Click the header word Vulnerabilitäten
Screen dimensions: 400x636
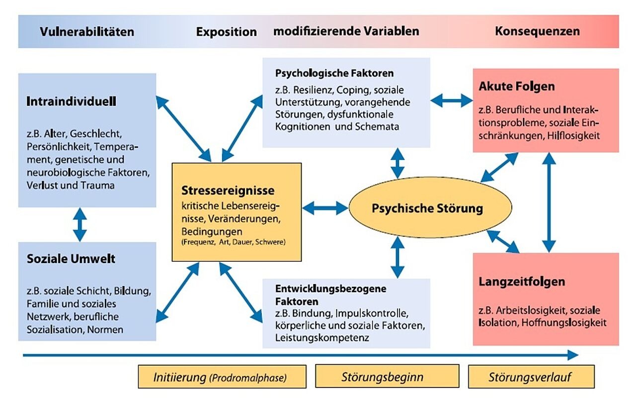click(87, 32)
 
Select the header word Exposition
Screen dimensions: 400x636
click(226, 32)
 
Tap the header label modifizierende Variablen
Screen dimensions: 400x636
click(346, 31)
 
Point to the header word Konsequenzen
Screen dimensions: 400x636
click(537, 31)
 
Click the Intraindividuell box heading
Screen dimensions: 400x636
click(71, 101)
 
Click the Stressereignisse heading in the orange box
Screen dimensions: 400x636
click(228, 191)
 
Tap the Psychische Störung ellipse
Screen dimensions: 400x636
click(427, 208)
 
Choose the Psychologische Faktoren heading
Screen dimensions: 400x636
click(334, 73)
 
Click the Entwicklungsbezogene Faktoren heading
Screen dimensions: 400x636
click(330, 295)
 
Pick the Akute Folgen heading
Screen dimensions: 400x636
click(517, 87)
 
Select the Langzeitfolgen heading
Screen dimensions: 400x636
click(522, 282)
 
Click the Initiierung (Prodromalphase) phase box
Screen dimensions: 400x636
click(220, 377)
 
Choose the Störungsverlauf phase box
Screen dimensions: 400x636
click(530, 377)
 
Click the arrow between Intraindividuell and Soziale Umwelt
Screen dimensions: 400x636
click(79, 225)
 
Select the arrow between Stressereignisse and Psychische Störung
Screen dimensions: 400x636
click(325, 208)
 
